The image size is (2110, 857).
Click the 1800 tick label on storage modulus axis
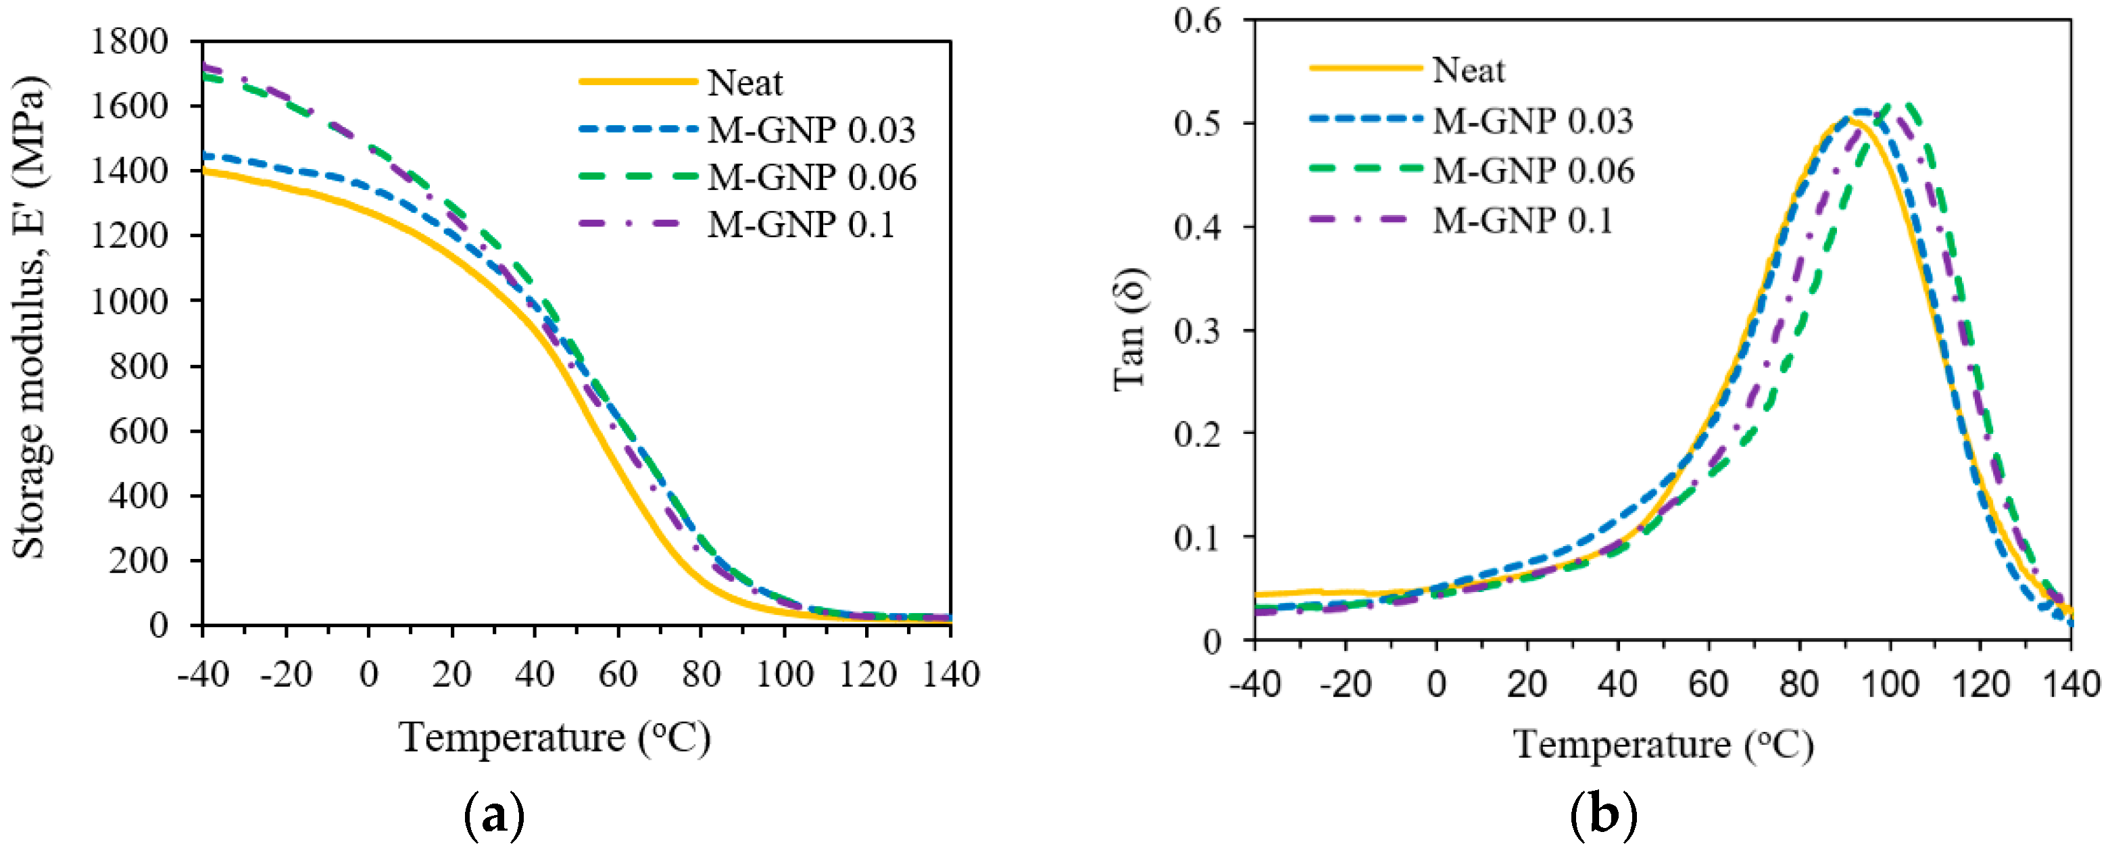[128, 41]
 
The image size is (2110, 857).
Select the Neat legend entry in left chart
[743, 82]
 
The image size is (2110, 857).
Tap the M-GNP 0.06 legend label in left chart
[811, 177]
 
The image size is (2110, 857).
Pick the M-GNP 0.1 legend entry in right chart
[1522, 220]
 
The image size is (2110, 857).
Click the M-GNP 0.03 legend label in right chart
[1531, 120]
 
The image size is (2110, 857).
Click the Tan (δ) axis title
[1130, 329]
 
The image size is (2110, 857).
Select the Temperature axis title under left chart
[554, 737]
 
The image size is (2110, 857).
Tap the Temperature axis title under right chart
[1663, 744]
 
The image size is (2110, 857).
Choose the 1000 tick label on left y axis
[128, 301]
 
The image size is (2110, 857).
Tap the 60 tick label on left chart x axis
[618, 675]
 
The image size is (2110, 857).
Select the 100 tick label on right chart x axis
[1889, 683]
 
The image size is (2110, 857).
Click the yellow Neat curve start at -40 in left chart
[205, 170]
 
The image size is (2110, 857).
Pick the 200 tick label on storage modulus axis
[138, 560]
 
